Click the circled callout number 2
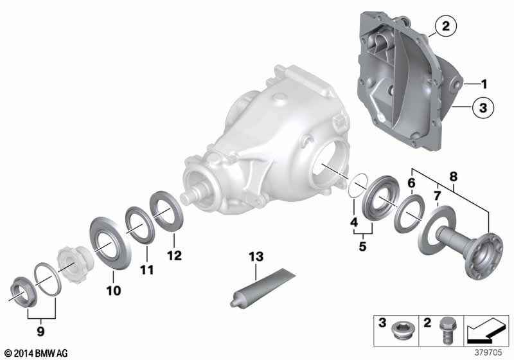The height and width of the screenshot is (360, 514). click(x=446, y=26)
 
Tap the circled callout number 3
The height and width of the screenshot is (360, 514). click(x=483, y=107)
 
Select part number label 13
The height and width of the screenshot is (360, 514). click(x=256, y=256)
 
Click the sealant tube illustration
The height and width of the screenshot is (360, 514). click(x=263, y=287)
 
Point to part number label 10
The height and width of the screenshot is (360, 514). click(x=114, y=291)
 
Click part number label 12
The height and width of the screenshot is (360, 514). click(x=174, y=256)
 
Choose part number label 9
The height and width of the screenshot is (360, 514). click(x=40, y=331)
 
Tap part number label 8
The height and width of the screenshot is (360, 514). click(x=454, y=177)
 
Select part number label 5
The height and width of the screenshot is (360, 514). click(x=362, y=246)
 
